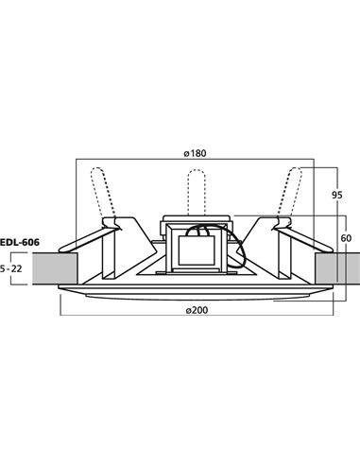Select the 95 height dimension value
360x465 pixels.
[x=336, y=197]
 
